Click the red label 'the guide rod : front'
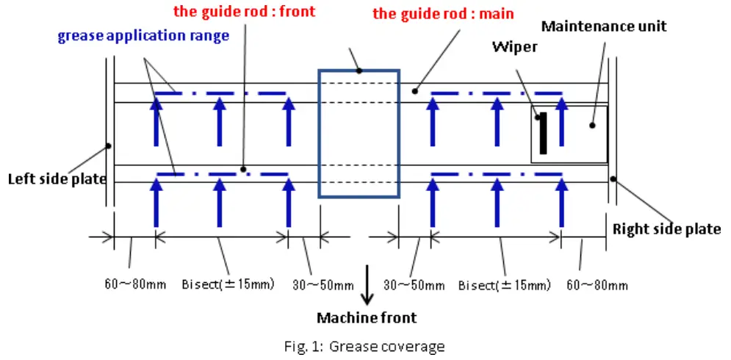(244, 12)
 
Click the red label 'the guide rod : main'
(443, 14)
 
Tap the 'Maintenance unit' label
(604, 26)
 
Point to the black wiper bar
(543, 134)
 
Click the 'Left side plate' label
(57, 179)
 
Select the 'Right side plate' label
(666, 229)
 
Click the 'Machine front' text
(367, 318)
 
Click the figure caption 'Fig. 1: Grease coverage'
(366, 346)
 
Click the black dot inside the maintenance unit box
(591, 125)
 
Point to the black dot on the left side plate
(108, 145)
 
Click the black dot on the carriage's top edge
(360, 71)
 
